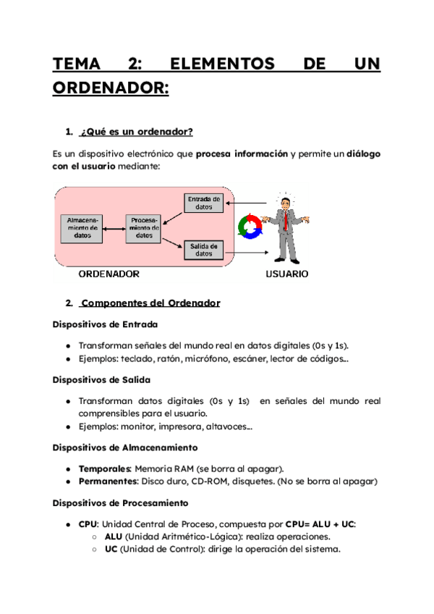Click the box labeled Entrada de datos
204,203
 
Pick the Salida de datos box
204,250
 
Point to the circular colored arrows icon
248,226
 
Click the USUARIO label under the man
286,274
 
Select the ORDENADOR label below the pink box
109,274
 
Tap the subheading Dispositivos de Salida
102,379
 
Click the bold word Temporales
106,468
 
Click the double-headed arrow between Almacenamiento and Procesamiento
114,227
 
